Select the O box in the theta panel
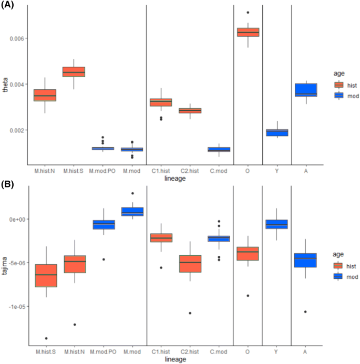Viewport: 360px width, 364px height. (x=248, y=32)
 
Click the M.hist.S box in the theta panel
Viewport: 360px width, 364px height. (x=74, y=72)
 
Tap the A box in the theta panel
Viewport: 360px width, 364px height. (x=306, y=90)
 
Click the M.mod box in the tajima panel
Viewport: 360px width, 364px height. (x=132, y=211)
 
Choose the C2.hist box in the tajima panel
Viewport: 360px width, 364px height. (x=190, y=264)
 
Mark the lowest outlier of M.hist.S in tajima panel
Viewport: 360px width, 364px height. (x=46, y=338)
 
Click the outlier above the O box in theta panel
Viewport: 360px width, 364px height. (x=248, y=13)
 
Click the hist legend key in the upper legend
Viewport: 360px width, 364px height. (x=339, y=85)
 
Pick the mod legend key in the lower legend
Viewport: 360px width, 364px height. (x=339, y=276)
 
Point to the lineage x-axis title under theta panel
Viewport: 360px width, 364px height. (x=175, y=178)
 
